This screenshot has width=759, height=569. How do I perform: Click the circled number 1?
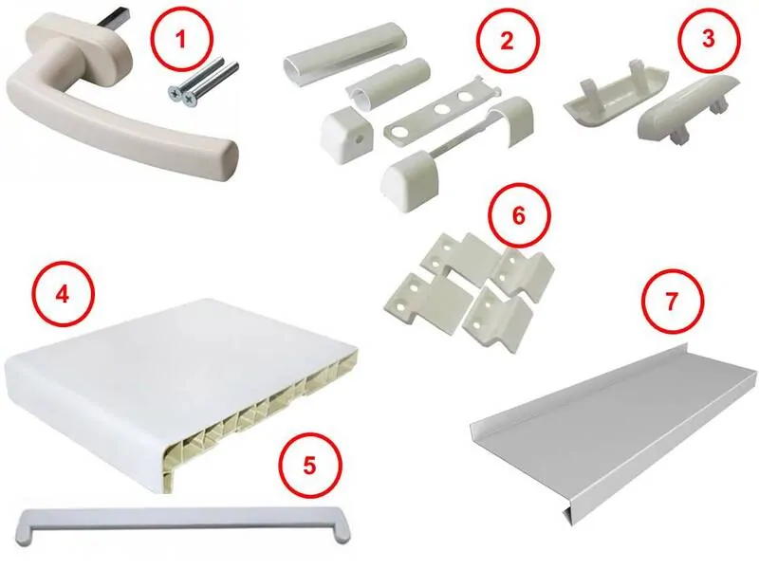click(x=181, y=39)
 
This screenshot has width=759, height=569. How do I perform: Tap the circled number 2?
click(x=507, y=41)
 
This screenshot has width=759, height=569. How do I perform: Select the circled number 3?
click(x=708, y=39)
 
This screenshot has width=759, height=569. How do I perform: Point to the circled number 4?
click(x=63, y=294)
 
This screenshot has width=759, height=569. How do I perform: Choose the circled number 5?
click(x=310, y=466)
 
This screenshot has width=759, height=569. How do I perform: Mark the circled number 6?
click(x=519, y=216)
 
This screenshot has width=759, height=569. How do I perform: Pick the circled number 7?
click(x=672, y=302)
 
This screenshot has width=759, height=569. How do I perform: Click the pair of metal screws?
click(x=203, y=83)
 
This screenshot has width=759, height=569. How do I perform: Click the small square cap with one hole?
click(x=347, y=130)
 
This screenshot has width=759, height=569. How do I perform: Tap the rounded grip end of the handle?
click(x=223, y=159)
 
